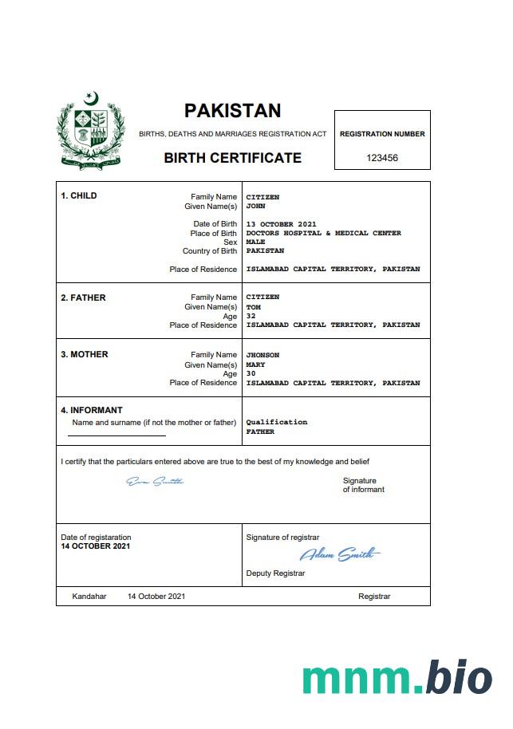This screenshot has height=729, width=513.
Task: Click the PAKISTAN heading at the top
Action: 232,111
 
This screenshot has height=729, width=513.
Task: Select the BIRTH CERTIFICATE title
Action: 232,158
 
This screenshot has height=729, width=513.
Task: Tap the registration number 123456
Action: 382,158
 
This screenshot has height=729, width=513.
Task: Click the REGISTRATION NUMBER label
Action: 382,134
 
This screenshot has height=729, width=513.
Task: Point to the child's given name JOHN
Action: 255,206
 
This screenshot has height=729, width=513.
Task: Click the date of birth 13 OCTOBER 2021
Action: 281,224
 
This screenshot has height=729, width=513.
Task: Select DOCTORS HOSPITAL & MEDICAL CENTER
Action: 323,233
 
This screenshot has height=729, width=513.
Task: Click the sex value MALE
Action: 255,242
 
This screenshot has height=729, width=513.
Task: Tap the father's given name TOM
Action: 253,307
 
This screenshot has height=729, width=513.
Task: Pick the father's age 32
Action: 251,316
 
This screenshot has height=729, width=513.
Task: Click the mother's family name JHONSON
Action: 262,355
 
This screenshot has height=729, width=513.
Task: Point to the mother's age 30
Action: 251,374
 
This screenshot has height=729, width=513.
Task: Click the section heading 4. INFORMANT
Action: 92,411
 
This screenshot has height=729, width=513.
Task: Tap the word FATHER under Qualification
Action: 260,431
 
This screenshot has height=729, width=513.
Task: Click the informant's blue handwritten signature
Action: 156,481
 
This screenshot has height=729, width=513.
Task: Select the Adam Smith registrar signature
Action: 340,554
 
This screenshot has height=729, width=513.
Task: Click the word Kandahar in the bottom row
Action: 89,597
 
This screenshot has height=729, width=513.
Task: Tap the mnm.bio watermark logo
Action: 397,678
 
